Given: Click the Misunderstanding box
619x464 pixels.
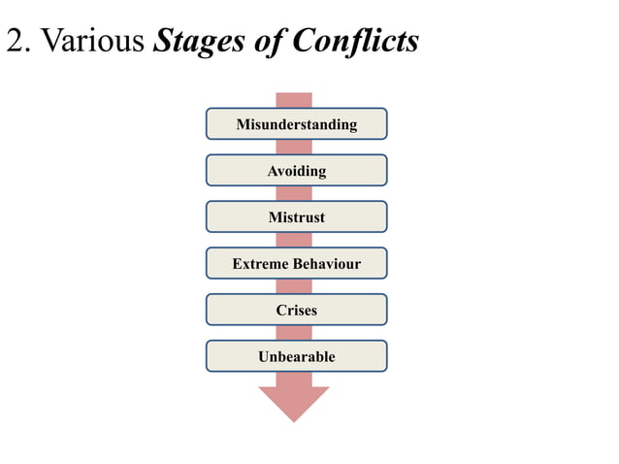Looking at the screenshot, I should coord(296,124).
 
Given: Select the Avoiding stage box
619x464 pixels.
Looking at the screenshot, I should coord(296,171).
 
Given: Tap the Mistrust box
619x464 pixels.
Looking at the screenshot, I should coord(296,217).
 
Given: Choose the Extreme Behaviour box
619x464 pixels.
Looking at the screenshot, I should coord(296,264).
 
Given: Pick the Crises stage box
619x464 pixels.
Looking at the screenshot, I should coord(296,311).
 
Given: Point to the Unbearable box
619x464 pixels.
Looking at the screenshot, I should coord(296,356).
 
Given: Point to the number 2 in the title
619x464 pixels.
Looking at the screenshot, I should coord(15,42).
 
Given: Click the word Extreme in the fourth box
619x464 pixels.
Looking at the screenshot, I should coord(261,264).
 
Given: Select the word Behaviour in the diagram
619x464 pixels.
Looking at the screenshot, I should coord(327,264).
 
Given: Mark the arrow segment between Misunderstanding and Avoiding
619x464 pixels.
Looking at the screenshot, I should coord(294,148).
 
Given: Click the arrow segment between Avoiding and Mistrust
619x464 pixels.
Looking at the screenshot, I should coord(294,194).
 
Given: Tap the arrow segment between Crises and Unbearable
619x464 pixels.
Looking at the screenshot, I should coord(294,333).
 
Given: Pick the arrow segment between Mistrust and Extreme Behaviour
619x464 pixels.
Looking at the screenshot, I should coord(294,241).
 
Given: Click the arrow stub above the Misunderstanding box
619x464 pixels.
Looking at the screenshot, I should coord(294,100).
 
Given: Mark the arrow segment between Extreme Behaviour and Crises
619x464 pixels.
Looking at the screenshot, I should coord(294,287).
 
